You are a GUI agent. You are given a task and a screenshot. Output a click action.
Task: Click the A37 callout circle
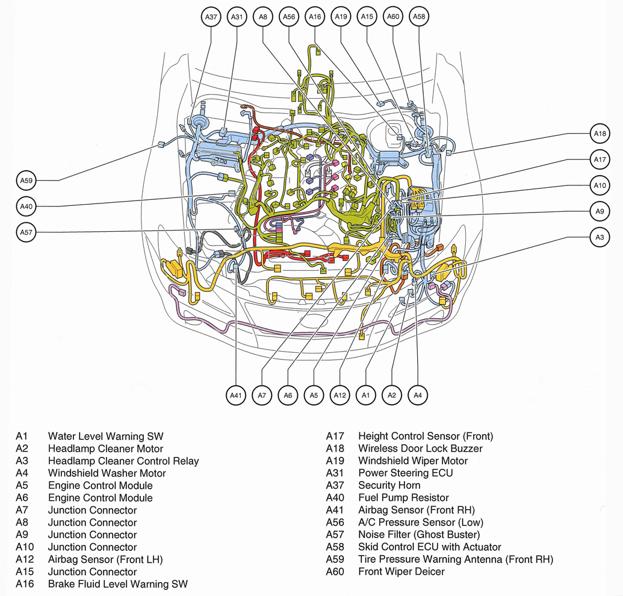[211, 17]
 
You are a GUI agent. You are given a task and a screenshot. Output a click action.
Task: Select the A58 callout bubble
[419, 17]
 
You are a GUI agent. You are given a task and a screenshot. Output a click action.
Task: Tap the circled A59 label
[26, 180]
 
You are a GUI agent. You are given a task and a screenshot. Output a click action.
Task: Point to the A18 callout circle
[600, 134]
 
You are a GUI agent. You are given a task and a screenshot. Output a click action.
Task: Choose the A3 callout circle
[600, 238]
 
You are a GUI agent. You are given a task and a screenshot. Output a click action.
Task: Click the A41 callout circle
[235, 395]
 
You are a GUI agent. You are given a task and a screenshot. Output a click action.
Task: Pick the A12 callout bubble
[340, 395]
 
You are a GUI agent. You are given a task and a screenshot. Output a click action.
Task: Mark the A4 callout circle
[418, 395]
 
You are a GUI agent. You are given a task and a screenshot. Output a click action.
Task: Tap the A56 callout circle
[288, 17]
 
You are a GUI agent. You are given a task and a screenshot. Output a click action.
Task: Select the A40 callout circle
[26, 206]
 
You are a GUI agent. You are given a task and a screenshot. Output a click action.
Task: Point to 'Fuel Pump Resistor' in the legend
[403, 498]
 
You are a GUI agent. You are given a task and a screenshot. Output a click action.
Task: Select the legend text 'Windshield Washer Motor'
[107, 473]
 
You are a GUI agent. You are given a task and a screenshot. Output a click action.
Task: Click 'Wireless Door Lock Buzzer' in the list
[420, 449]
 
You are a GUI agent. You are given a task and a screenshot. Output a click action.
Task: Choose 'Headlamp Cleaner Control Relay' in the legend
[123, 461]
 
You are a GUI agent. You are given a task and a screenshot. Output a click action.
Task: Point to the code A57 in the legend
[335, 535]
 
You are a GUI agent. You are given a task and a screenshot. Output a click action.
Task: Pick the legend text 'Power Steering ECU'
[405, 473]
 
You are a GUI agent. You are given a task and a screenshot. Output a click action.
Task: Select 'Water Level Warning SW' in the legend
[105, 436]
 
